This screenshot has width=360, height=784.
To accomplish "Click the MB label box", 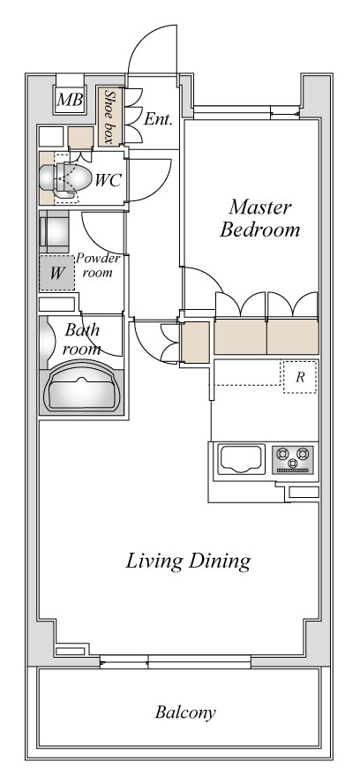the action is (69, 99).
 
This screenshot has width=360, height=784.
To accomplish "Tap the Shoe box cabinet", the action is (110, 117).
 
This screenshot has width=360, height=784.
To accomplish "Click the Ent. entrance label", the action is (158, 119).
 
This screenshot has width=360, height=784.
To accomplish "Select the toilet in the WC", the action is (65, 178).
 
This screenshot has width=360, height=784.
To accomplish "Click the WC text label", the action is (108, 180).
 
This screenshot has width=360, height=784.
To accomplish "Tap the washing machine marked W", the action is (57, 273).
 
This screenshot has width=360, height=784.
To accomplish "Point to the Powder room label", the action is (98, 266).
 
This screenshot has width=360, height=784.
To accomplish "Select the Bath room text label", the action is (82, 339).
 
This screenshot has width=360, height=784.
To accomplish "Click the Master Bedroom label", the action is (260, 218).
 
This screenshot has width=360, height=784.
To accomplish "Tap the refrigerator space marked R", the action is (300, 376).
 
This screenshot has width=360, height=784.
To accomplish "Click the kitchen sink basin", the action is (241, 459).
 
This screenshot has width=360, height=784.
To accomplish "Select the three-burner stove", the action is (294, 459).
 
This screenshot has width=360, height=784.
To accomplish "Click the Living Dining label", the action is (188, 561).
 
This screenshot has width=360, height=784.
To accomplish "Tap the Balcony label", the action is (185, 712).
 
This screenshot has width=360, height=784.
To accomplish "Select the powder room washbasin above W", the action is (55, 232).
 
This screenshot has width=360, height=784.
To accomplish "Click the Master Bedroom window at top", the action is (247, 112).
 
